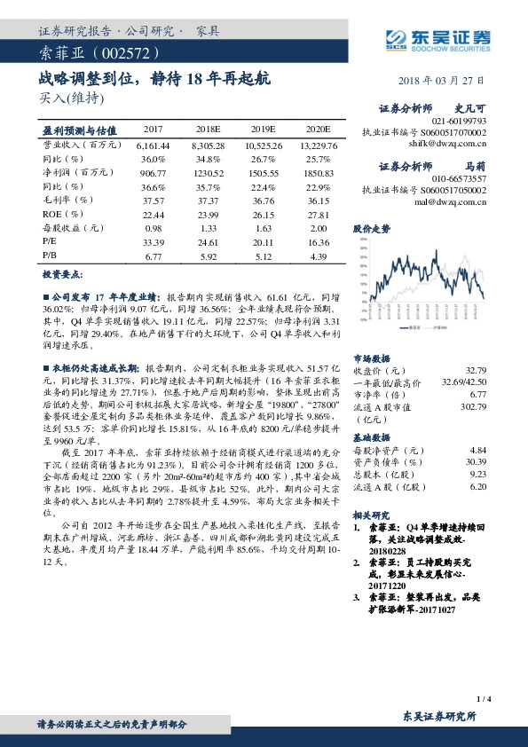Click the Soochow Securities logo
coord(438,36)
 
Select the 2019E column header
coord(262,129)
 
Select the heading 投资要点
coord(63,275)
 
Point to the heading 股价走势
coord(372,229)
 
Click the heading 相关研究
coord(372,514)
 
